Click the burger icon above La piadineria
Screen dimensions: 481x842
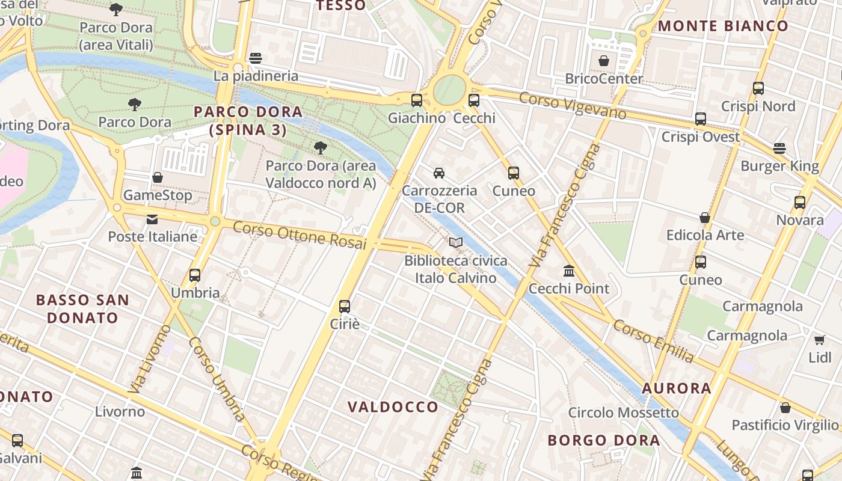pyautogui.click(x=256, y=58)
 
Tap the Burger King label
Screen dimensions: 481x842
pyautogui.click(x=779, y=166)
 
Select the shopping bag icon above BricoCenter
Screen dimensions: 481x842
pyautogui.click(x=604, y=61)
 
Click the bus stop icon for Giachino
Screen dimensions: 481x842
pyautogui.click(x=416, y=100)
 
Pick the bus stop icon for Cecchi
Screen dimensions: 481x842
pyautogui.click(x=474, y=100)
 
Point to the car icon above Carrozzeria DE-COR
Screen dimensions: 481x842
pyautogui.click(x=439, y=173)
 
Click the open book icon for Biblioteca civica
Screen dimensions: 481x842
pyautogui.click(x=456, y=243)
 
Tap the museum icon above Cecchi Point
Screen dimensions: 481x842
pyautogui.click(x=569, y=271)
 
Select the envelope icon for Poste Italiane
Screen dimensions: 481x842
pyautogui.click(x=152, y=219)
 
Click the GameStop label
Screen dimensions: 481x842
pyautogui.click(x=158, y=195)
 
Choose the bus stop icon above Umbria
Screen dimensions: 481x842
pyautogui.click(x=195, y=275)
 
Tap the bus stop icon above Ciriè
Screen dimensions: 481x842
pyautogui.click(x=345, y=307)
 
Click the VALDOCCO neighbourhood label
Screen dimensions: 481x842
pyautogui.click(x=393, y=407)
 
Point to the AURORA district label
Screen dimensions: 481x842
pyautogui.click(x=677, y=388)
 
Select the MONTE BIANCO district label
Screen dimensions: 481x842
pyautogui.click(x=722, y=26)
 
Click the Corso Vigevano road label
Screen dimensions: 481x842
pyautogui.click(x=572, y=106)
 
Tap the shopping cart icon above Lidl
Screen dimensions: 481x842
pyautogui.click(x=819, y=340)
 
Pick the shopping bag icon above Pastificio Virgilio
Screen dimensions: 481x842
pyautogui.click(x=785, y=408)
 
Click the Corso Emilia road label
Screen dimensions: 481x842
pyautogui.click(x=653, y=341)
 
